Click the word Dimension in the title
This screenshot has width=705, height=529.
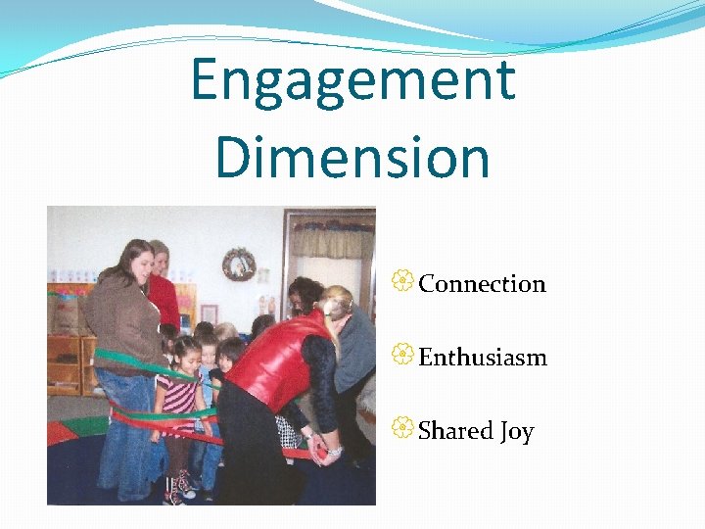(352, 157)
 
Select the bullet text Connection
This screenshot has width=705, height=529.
(482, 284)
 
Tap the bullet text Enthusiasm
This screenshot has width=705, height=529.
(483, 358)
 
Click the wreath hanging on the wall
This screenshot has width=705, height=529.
(239, 264)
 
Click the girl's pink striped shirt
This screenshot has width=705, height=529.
(182, 397)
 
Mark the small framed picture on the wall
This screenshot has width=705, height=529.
(209, 313)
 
